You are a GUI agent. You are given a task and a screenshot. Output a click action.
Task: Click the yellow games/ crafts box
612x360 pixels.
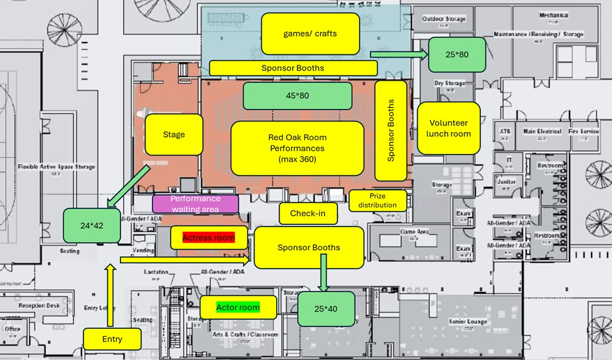[310, 34]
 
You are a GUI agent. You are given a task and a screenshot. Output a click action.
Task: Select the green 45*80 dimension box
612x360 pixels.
[297, 95]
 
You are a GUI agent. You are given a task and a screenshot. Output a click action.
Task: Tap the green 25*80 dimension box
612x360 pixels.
[456, 55]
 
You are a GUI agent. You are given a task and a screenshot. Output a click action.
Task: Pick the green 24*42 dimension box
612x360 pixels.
[91, 225]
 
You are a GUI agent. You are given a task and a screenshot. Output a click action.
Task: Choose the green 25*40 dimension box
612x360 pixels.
[326, 309]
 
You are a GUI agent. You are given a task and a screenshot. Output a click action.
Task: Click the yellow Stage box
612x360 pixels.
[174, 135]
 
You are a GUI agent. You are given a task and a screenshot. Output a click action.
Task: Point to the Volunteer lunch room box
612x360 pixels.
[448, 128]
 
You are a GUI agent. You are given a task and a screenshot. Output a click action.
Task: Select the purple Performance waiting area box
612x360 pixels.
[195, 203]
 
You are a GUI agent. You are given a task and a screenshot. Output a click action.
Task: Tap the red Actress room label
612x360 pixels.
[209, 237]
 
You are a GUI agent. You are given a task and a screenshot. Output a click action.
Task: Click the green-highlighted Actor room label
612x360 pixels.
[238, 308]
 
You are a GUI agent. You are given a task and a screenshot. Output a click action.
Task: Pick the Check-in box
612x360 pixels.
[307, 214]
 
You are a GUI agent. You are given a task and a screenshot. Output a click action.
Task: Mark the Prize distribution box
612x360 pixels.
[377, 200]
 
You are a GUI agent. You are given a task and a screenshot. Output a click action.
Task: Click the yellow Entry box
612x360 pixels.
[112, 339]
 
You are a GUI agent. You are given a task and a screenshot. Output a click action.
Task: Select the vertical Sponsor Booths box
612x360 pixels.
[391, 130]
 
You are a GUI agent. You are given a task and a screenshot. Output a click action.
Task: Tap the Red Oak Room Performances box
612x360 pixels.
[297, 148]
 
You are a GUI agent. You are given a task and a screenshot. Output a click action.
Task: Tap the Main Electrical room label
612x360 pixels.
[542, 132]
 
